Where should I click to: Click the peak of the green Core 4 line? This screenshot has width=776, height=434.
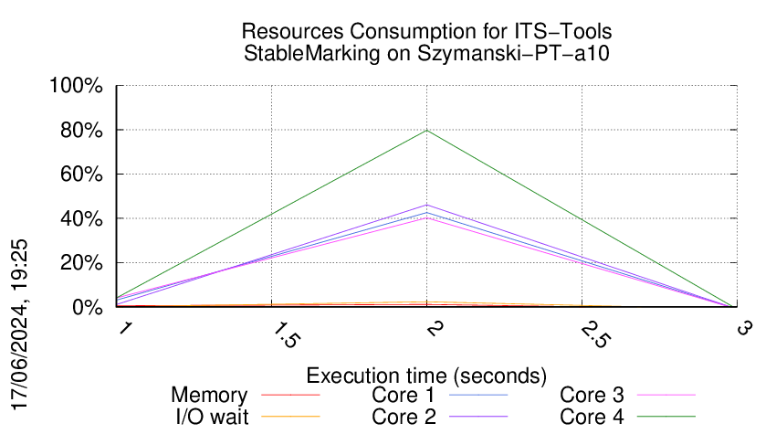pyautogui.click(x=426, y=130)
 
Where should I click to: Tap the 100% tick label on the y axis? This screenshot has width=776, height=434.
pyautogui.click(x=77, y=87)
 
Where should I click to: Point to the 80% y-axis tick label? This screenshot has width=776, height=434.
pyautogui.click(x=81, y=131)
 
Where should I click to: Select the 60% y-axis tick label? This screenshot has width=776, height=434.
pyautogui.click(x=81, y=175)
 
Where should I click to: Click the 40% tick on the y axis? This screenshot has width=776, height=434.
pyautogui.click(x=81, y=219)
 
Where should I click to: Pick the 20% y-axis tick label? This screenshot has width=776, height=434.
pyautogui.click(x=81, y=263)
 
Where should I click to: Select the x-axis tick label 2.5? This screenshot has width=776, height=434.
pyautogui.click(x=585, y=335)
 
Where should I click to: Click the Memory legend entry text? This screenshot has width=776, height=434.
pyautogui.click(x=209, y=396)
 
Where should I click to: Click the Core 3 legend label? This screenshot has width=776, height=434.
pyautogui.click(x=592, y=396)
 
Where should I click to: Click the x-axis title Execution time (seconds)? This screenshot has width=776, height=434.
pyautogui.click(x=426, y=376)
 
